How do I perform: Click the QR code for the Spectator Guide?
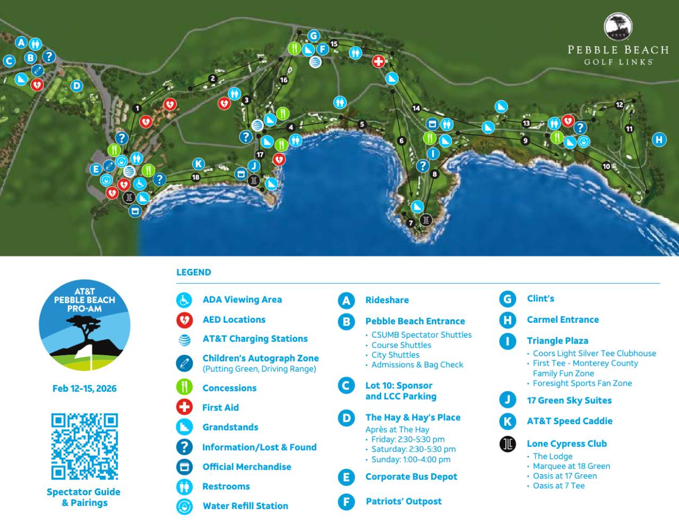(84, 446)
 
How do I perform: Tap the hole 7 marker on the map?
(410, 223)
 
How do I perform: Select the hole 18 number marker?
(196, 177)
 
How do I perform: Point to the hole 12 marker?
(619, 105)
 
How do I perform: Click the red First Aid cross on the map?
(378, 61)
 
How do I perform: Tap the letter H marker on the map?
(659, 140)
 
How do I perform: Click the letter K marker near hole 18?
(198, 164)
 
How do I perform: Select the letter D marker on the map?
(77, 85)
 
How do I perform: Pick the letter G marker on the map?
(313, 36)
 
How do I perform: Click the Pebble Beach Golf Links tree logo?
(618, 27)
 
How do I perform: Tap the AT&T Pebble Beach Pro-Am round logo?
(84, 325)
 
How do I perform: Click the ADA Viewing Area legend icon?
(184, 300)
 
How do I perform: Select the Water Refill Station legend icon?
(184, 506)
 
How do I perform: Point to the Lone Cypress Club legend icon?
(508, 444)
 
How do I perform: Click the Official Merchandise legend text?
(247, 467)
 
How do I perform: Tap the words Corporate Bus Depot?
(411, 477)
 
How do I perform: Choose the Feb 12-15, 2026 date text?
(84, 388)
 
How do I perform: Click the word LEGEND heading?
(193, 272)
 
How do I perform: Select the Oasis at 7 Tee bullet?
(558, 486)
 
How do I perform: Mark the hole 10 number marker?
(606, 167)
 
